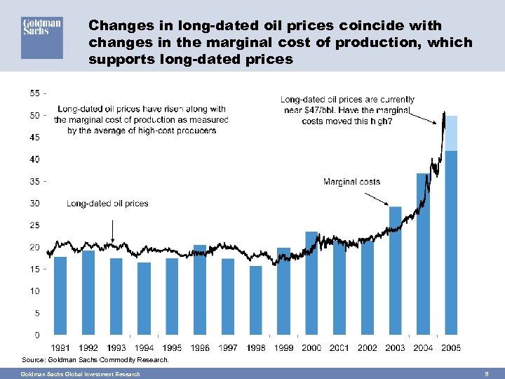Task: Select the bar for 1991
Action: point(60,295)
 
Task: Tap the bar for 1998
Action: point(255,300)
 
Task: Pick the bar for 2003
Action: point(395,270)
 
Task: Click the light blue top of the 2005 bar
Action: point(451,133)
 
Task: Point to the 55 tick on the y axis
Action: point(35,93)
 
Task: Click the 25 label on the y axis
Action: point(34,225)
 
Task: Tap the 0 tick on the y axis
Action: point(36,335)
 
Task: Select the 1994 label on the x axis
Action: point(144,348)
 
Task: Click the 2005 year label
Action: point(450,348)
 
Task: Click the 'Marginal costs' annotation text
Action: point(351,182)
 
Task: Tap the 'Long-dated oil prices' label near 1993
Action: point(107,204)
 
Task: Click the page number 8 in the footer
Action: point(486,374)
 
